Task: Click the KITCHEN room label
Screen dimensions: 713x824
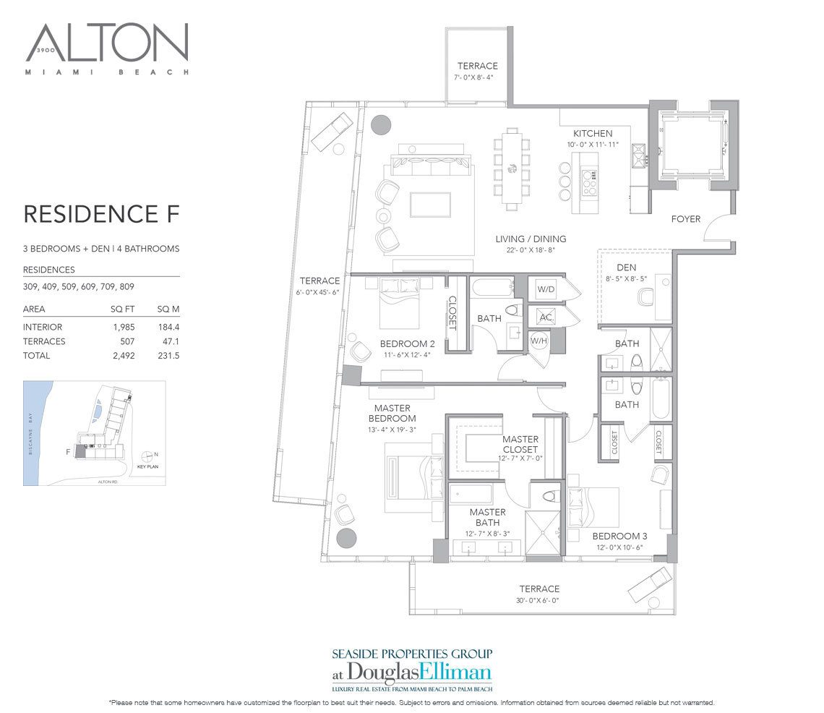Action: click(x=593, y=134)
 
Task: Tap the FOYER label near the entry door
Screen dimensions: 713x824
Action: click(x=685, y=219)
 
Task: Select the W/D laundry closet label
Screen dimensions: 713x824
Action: click(x=545, y=289)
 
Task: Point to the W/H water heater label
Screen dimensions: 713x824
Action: click(x=538, y=340)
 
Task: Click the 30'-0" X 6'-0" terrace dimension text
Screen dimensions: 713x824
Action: click(x=538, y=600)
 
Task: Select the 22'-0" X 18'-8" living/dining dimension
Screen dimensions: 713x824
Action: click(x=531, y=251)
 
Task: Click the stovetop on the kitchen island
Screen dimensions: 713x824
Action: click(x=588, y=178)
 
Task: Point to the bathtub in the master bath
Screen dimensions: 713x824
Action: click(x=471, y=495)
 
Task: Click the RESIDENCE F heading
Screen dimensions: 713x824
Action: click(x=100, y=214)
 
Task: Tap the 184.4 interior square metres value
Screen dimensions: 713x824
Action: click(x=168, y=327)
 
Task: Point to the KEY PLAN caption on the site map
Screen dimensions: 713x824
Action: click(x=147, y=466)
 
